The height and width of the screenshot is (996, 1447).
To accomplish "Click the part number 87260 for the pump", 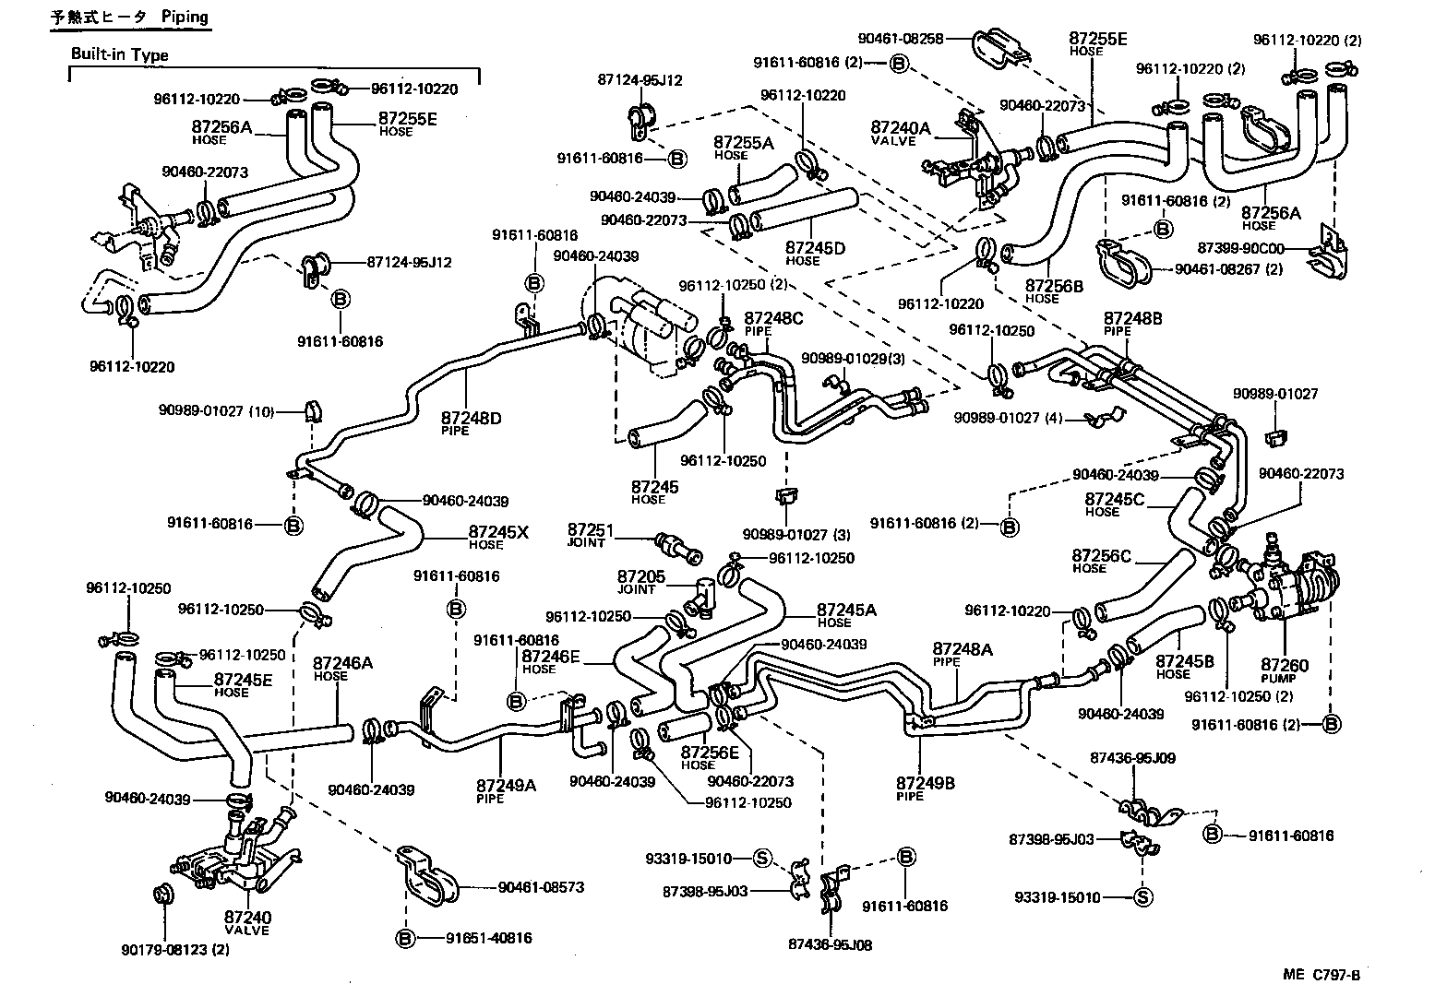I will [1286, 665].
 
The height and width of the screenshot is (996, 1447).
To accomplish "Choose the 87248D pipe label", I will [471, 419].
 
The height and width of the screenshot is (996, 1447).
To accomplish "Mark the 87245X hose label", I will [498, 531].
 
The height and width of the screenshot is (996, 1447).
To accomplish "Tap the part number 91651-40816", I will [488, 938].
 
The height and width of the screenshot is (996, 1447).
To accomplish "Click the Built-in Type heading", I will [120, 54].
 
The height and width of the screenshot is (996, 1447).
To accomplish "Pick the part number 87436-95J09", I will [1132, 758].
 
